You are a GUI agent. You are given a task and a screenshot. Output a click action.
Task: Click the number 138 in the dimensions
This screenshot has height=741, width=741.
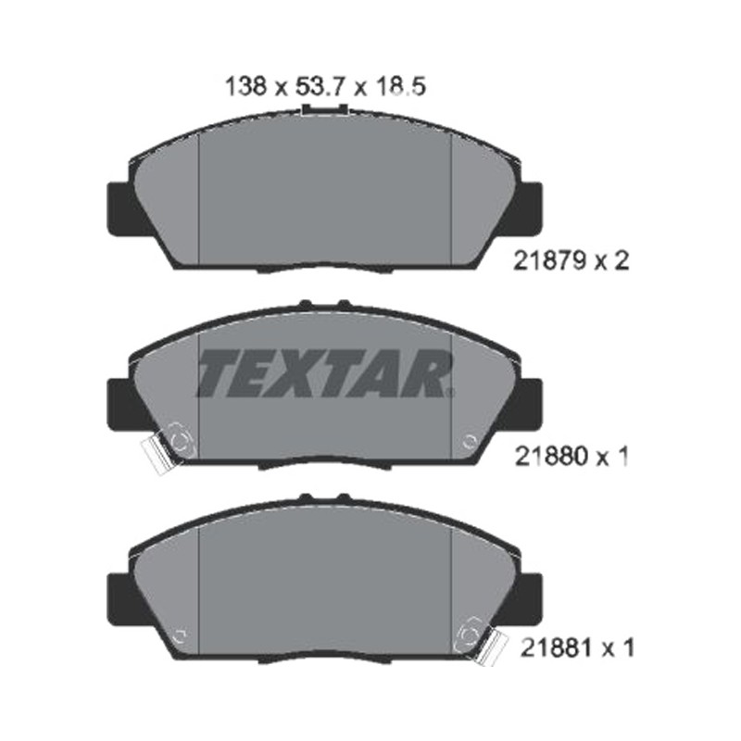coord(245,87)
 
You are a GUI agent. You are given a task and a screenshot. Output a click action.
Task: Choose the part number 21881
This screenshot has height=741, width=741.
coord(557,647)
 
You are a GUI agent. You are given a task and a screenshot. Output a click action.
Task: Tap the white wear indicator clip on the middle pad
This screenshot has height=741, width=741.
coord(155,456)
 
